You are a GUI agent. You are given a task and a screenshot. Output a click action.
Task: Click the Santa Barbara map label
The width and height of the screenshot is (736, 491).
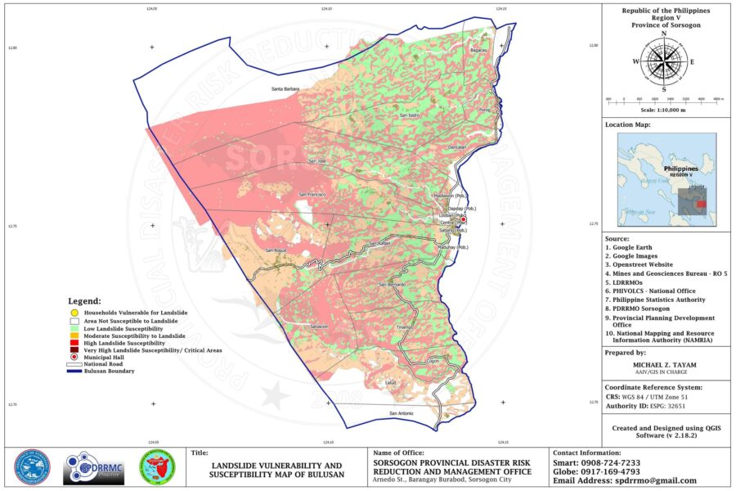click(x=285, y=88)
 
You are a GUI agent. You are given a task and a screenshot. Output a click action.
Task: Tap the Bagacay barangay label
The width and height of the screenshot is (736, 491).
click(x=479, y=51)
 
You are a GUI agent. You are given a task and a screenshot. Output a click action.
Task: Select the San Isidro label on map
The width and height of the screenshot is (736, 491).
click(x=409, y=116)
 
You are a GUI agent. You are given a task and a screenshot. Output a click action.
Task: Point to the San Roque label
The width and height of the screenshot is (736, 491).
click(x=276, y=250)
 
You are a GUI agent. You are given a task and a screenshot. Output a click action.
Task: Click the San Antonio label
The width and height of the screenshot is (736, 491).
click(x=402, y=413)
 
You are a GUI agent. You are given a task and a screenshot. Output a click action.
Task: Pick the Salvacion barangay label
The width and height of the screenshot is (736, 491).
click(x=319, y=327)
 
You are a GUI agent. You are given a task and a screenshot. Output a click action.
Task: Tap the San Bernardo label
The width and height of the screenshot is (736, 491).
click(x=391, y=284)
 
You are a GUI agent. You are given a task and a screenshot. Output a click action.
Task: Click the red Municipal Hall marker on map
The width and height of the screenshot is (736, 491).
click(x=463, y=220)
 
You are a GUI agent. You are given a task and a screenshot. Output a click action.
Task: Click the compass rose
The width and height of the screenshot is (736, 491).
click(x=663, y=61)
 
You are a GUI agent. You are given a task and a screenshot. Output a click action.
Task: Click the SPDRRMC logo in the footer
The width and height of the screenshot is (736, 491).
click(x=93, y=469)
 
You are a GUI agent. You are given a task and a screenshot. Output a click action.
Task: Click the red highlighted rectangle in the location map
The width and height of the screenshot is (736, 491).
click(x=701, y=204)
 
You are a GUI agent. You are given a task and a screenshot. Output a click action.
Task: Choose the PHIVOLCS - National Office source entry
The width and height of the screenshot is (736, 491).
click(x=649, y=290)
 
